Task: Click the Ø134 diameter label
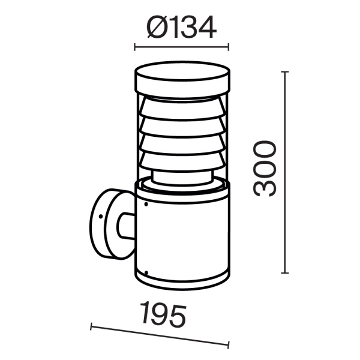click(181, 28)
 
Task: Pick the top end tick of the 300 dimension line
click(285, 71)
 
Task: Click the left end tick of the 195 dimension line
click(91, 327)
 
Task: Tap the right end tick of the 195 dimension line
click(229, 344)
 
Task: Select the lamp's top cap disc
click(181, 77)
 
